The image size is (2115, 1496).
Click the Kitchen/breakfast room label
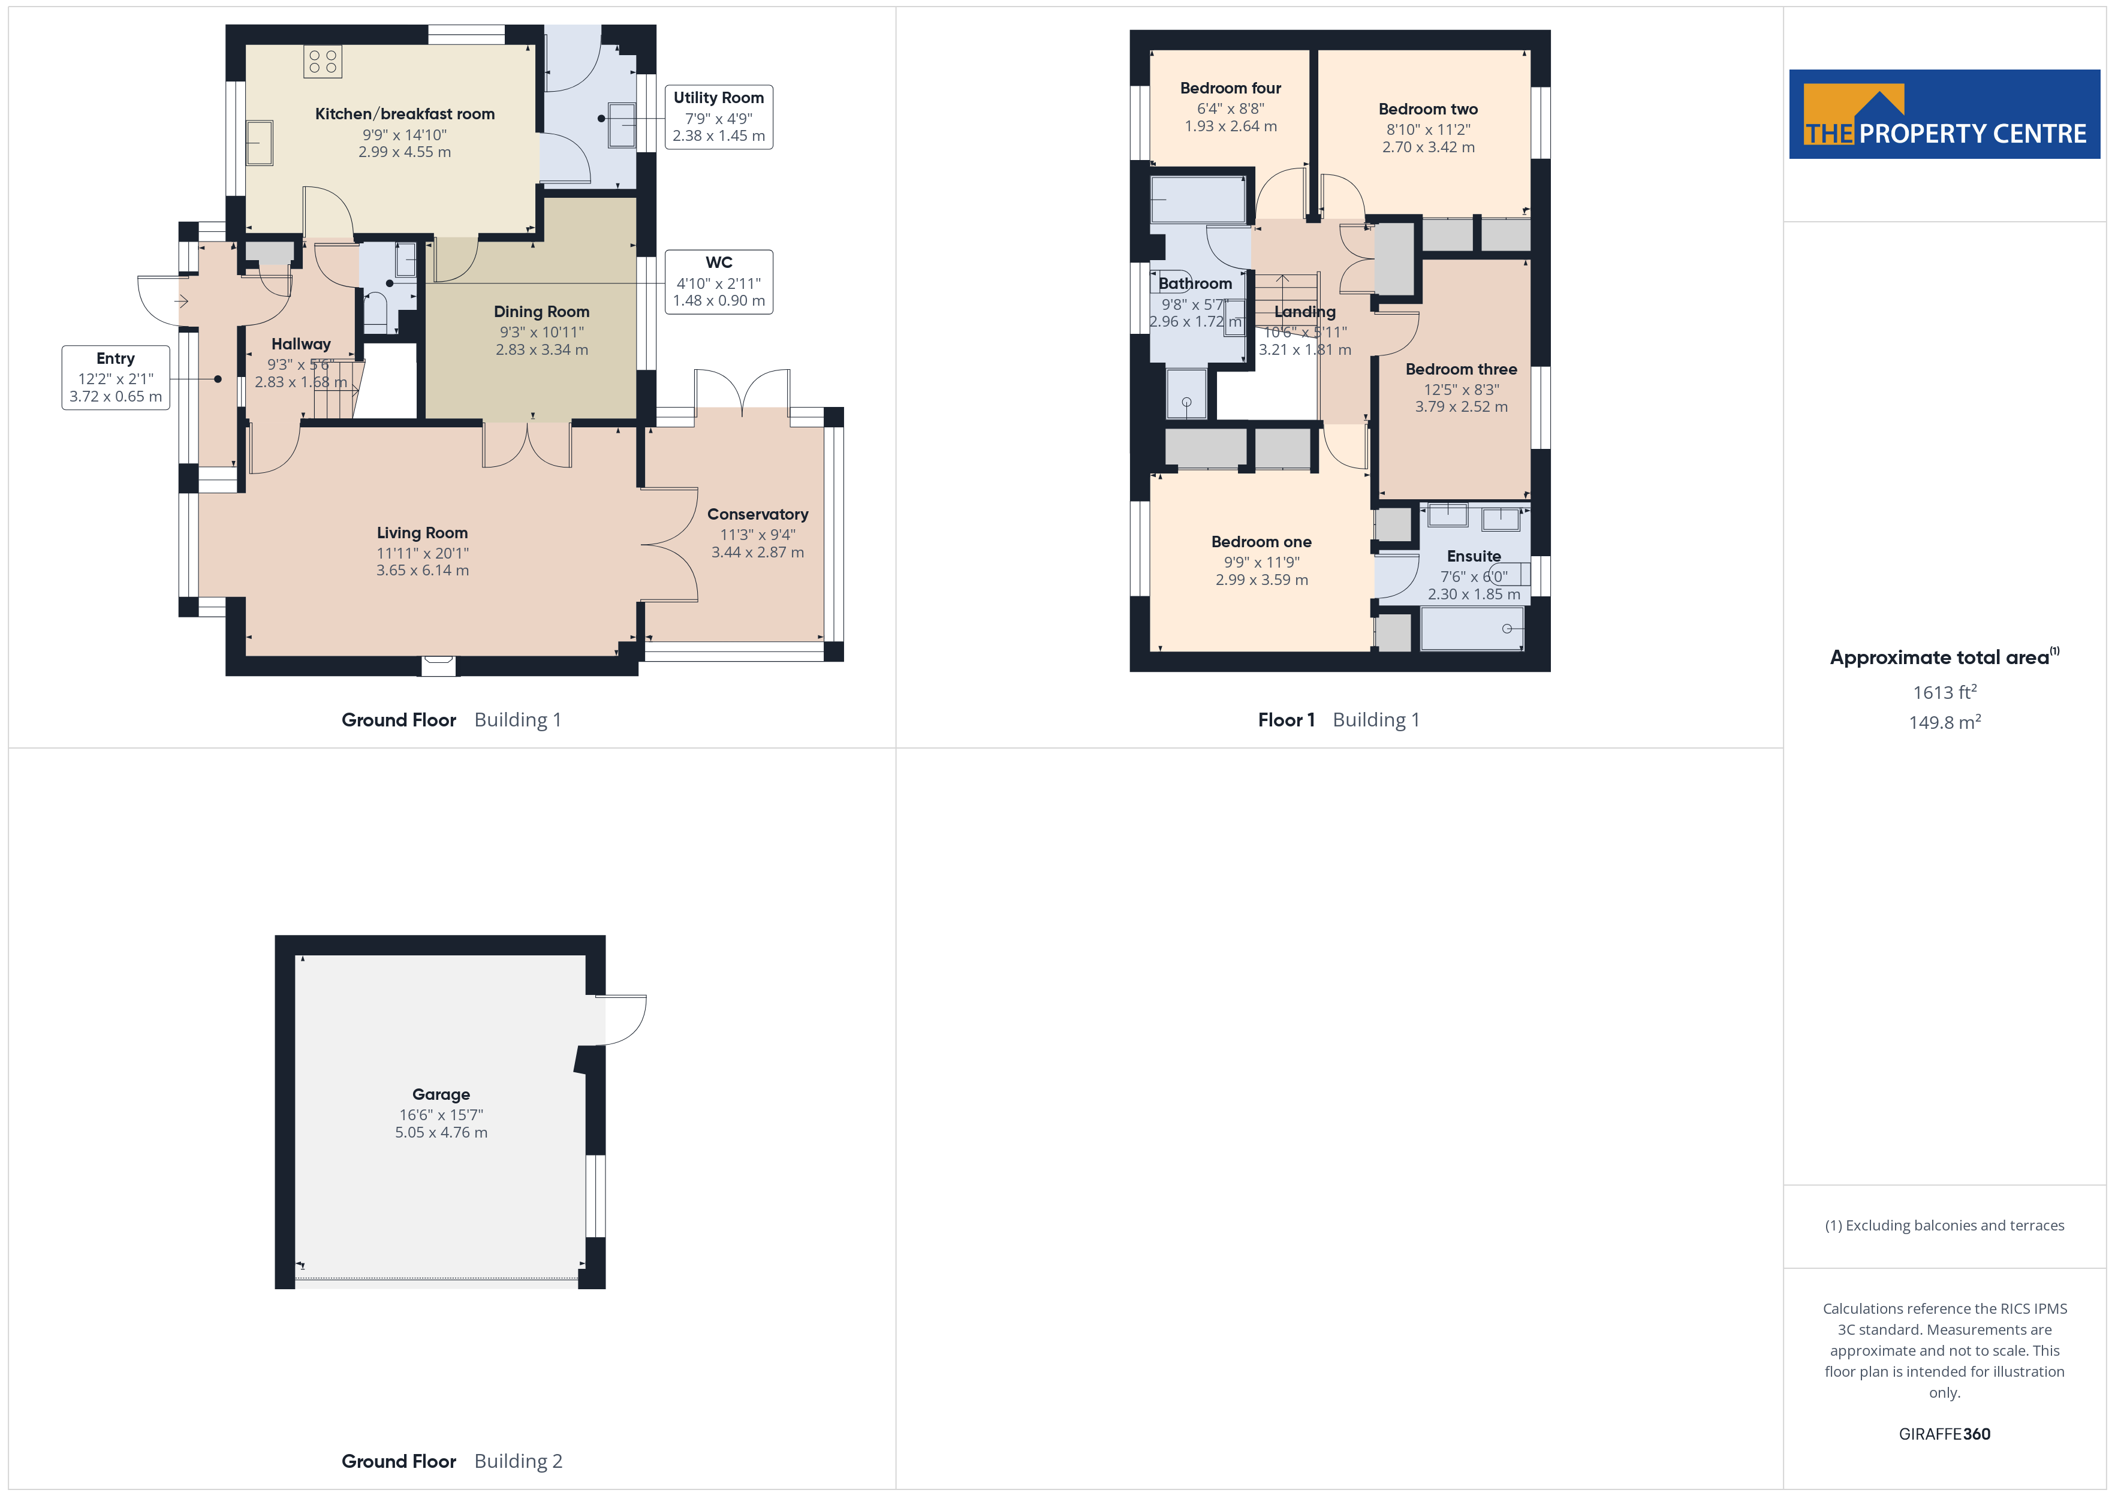click(x=405, y=114)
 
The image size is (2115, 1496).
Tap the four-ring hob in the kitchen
click(x=323, y=62)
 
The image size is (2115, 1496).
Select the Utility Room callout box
click(x=719, y=117)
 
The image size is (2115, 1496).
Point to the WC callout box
click(x=719, y=282)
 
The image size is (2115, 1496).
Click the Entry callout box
click(x=116, y=378)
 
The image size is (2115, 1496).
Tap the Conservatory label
click(x=757, y=514)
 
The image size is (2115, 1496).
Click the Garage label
click(x=441, y=1094)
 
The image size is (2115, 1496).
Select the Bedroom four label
click(x=1231, y=89)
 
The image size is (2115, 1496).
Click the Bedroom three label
click(x=1461, y=369)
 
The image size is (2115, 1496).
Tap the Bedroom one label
click(x=1261, y=542)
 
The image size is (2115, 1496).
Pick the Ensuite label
click(x=1474, y=556)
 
